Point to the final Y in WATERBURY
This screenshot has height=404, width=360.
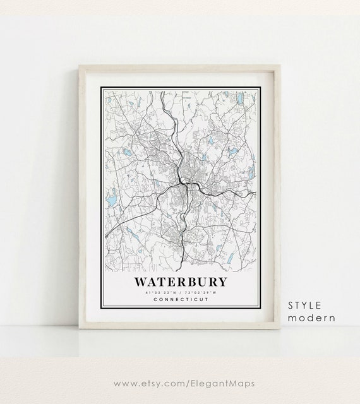[224, 280]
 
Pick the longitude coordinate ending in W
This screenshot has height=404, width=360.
[203, 292]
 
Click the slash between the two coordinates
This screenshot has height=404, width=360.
[181, 292]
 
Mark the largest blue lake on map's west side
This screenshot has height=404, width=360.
[111, 201]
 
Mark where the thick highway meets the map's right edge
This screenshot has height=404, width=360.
[255, 191]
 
